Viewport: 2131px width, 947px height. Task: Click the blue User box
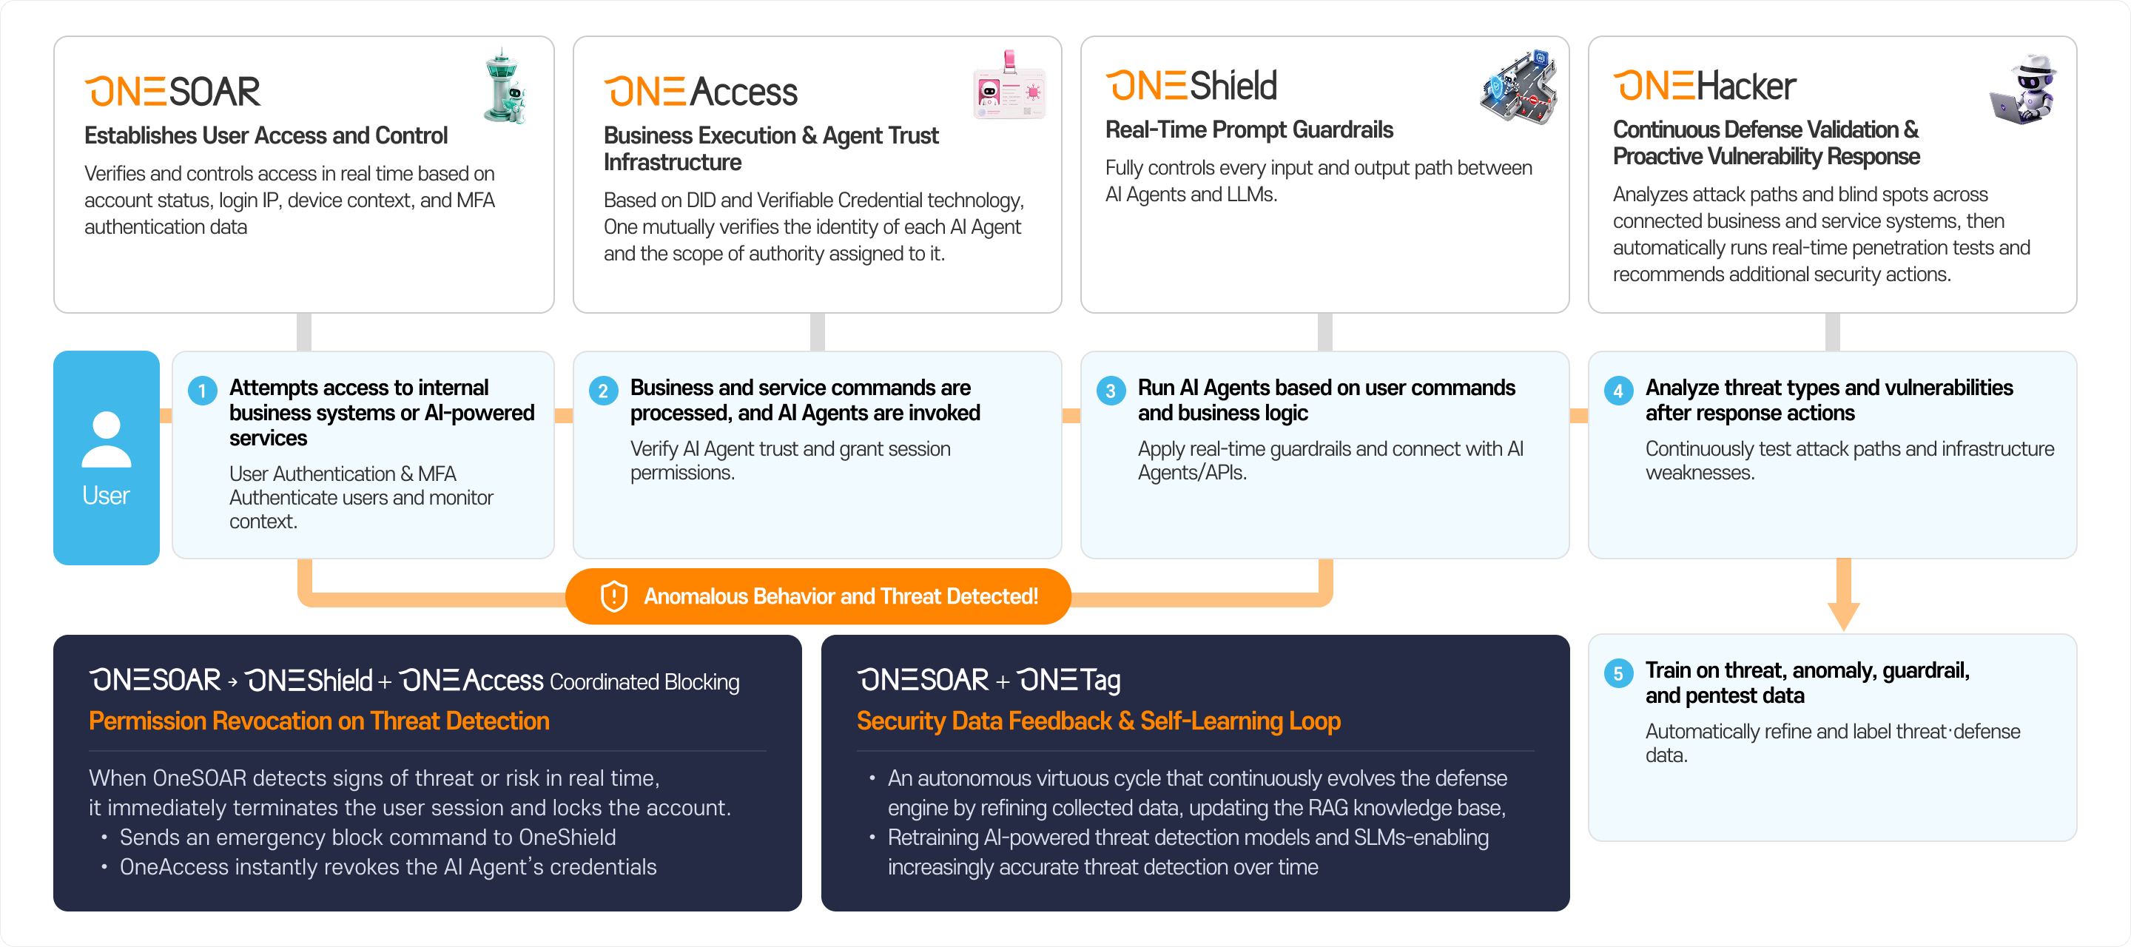(x=106, y=457)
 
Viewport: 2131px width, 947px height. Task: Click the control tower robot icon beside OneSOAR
(x=505, y=87)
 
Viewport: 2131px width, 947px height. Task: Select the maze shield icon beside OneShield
(x=1519, y=86)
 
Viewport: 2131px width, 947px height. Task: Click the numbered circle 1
(x=202, y=391)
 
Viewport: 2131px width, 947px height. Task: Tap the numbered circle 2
(x=603, y=391)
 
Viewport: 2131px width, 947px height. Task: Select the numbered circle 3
(x=1110, y=391)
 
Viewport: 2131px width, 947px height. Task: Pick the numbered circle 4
(x=1618, y=391)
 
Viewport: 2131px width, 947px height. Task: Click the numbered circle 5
(x=1618, y=673)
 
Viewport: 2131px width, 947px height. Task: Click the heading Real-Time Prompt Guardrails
(x=1249, y=130)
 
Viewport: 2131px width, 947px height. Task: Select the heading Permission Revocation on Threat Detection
(x=320, y=721)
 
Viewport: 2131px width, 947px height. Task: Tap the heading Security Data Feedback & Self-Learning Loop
(x=1099, y=721)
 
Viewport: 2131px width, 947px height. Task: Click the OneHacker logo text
(x=1704, y=86)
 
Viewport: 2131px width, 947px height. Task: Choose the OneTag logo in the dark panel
(x=1068, y=680)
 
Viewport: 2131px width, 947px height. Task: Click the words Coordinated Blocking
(x=644, y=681)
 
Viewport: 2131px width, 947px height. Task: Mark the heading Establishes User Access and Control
(x=266, y=135)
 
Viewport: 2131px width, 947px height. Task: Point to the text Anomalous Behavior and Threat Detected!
(x=841, y=596)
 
